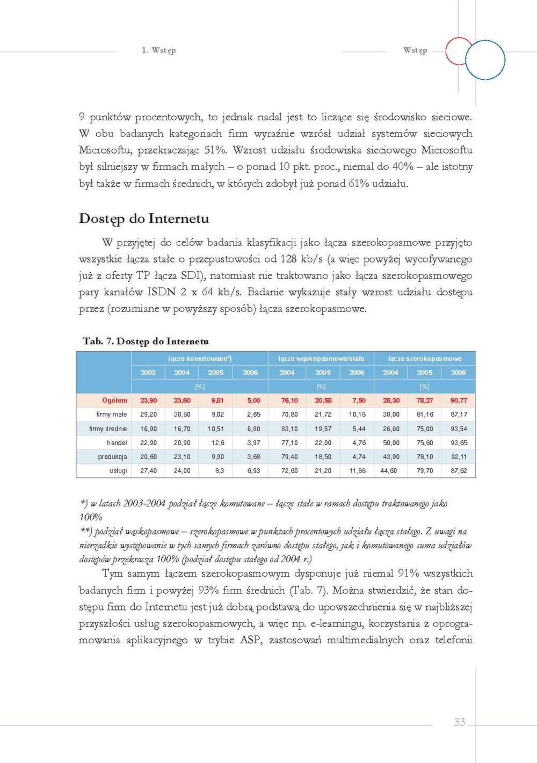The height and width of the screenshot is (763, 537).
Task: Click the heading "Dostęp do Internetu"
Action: (x=143, y=219)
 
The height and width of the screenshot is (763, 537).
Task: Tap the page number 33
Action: (x=459, y=722)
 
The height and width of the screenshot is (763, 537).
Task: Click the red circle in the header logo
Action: (x=459, y=51)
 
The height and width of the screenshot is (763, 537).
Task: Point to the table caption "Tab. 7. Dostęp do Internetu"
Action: (x=146, y=341)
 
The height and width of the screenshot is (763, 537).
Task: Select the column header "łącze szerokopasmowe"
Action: (x=424, y=358)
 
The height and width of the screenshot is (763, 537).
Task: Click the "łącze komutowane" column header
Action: (x=199, y=358)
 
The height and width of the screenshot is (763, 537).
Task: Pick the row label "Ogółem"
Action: (x=115, y=400)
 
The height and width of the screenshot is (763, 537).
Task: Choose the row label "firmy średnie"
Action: (x=108, y=428)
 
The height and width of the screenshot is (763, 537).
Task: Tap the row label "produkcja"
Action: (x=112, y=456)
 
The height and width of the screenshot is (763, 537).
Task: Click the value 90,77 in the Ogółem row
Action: (x=459, y=400)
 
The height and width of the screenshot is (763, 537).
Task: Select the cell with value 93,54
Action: (x=459, y=428)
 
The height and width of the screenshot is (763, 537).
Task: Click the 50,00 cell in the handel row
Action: (x=391, y=442)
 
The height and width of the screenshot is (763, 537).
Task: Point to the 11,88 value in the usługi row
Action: (x=357, y=470)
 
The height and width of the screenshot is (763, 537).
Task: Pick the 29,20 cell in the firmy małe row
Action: (x=148, y=414)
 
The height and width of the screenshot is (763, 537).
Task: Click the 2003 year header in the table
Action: (x=148, y=372)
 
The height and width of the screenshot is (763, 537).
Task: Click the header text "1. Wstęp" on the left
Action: (x=158, y=50)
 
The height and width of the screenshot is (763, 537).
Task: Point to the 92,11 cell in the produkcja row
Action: (x=459, y=456)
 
